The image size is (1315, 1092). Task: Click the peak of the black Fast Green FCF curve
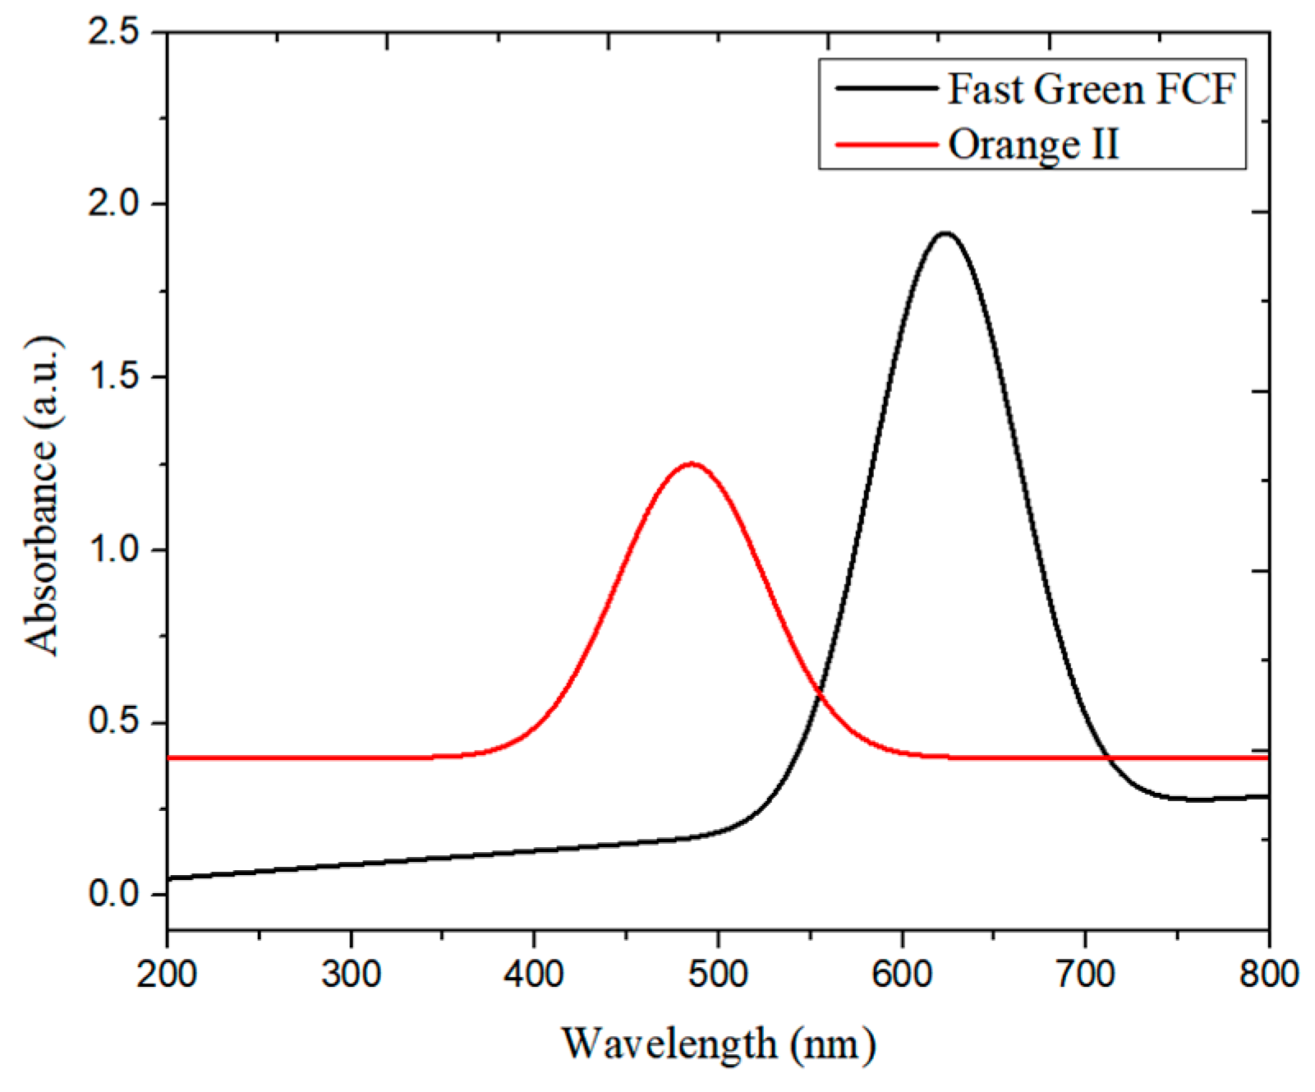click(x=945, y=234)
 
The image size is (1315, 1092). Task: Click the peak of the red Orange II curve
click(x=692, y=463)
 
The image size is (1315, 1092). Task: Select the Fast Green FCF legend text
click(x=1091, y=89)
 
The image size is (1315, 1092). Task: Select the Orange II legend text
click(x=1033, y=144)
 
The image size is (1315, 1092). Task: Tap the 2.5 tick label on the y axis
click(x=115, y=33)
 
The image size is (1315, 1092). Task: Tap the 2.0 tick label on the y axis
click(x=115, y=204)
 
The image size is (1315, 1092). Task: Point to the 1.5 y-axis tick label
click(x=115, y=377)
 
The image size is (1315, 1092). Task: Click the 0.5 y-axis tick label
click(x=115, y=722)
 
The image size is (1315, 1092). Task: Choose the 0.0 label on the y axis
click(x=115, y=894)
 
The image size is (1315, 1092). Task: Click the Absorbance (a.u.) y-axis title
click(x=43, y=495)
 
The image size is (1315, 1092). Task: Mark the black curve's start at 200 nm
click(x=169, y=878)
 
